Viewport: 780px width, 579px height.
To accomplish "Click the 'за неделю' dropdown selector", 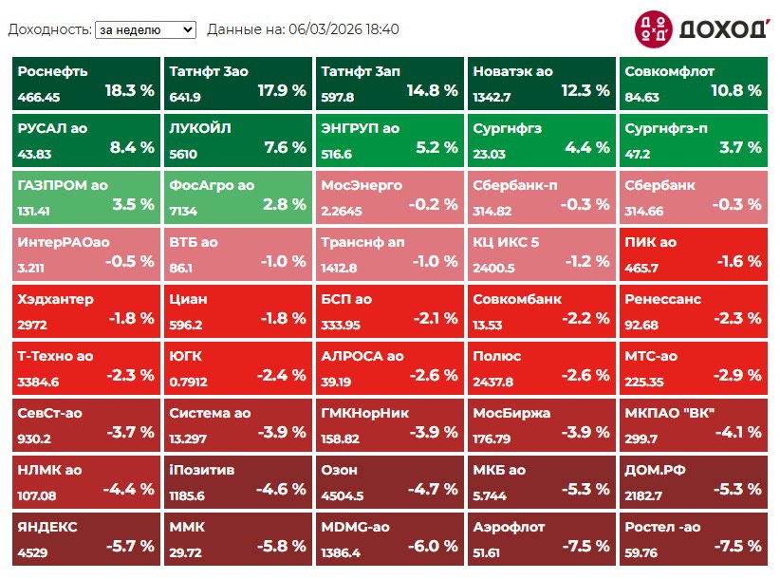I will (x=145, y=29).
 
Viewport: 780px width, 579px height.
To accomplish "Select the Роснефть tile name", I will (x=52, y=71).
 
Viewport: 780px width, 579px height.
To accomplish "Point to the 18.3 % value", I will (x=129, y=91).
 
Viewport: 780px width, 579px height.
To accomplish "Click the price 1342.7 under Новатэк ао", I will (x=492, y=97).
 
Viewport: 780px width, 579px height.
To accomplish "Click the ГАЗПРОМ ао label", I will (x=61, y=185).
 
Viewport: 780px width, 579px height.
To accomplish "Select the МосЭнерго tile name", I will (x=362, y=185).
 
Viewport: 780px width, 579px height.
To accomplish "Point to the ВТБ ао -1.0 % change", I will (x=281, y=262).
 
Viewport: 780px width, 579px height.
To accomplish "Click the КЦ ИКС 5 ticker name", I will (x=506, y=242).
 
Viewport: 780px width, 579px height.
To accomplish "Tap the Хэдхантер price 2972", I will (x=32, y=325).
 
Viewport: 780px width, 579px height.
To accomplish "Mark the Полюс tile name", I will (x=497, y=356).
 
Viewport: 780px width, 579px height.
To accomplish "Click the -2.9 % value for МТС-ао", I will (x=735, y=376).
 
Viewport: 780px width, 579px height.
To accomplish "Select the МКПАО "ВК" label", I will (x=669, y=413).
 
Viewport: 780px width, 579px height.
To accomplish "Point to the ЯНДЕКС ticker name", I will (x=47, y=527).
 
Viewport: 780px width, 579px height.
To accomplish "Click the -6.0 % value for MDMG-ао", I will (x=433, y=547).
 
